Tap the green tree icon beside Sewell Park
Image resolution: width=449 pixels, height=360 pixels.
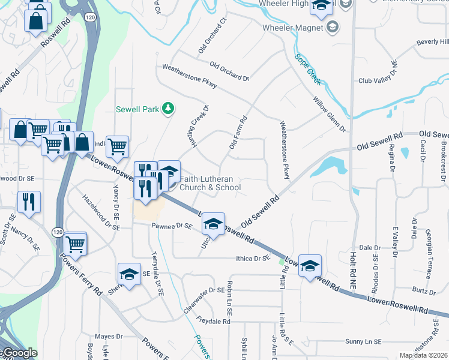pyautogui.click(x=169, y=108)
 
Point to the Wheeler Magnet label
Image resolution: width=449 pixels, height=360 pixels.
pyautogui.click(x=292, y=28)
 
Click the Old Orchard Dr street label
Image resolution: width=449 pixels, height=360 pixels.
pyautogui.click(x=229, y=71)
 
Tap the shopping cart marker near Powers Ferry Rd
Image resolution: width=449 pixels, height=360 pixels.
pyautogui.click(x=75, y=243)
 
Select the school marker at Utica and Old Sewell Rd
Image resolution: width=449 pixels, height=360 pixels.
pyautogui.click(x=212, y=224)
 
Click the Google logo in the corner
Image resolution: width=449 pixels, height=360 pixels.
pyautogui.click(x=19, y=353)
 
